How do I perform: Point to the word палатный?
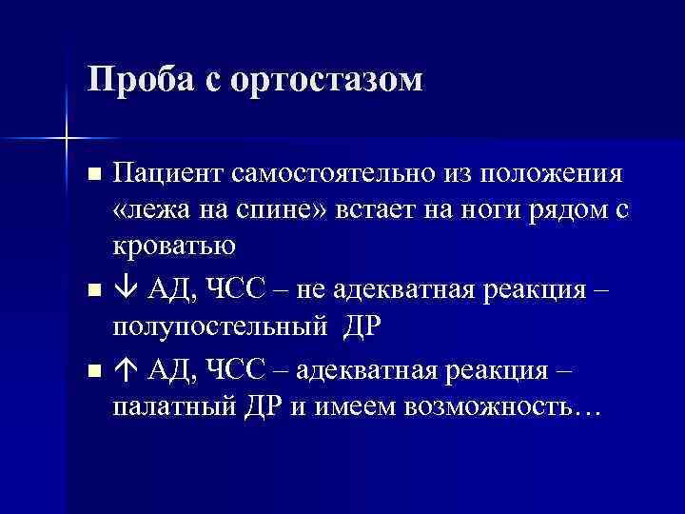167,405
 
